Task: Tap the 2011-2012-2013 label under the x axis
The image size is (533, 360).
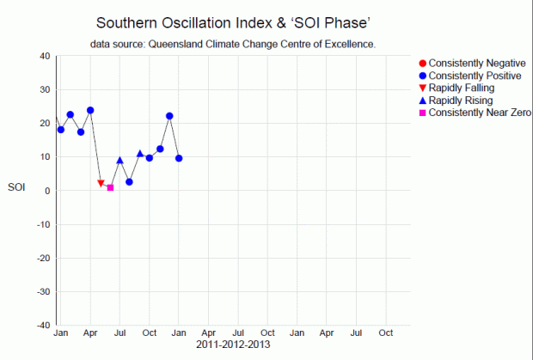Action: coord(233,345)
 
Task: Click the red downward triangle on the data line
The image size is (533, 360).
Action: coord(101,183)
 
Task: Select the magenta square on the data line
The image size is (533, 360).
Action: coord(110,187)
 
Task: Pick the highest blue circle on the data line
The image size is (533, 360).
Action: coord(90,110)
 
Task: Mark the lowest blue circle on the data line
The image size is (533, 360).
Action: coord(129,181)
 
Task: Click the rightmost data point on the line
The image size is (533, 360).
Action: coord(179,158)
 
